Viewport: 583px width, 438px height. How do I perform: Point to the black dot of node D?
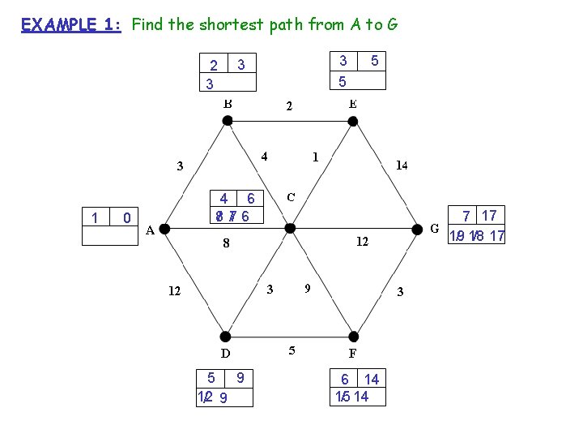pyautogui.click(x=226, y=337)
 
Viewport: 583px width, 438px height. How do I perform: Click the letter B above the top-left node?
pyautogui.click(x=228, y=104)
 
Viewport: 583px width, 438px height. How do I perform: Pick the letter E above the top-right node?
pyautogui.click(x=353, y=104)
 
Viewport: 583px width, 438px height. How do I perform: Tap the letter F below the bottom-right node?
pyautogui.click(x=353, y=353)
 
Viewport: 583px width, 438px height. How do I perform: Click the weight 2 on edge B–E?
pyautogui.click(x=288, y=106)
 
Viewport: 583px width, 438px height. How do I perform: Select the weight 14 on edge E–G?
pyautogui.click(x=400, y=165)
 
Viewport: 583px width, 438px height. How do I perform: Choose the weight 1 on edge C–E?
pyautogui.click(x=315, y=157)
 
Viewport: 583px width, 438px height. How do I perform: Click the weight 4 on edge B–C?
pyautogui.click(x=265, y=157)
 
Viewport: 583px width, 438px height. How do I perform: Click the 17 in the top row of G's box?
pyautogui.click(x=488, y=216)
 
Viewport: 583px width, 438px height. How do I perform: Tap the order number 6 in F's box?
pyautogui.click(x=345, y=380)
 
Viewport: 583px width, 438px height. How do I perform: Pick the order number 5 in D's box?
pyautogui.click(x=211, y=377)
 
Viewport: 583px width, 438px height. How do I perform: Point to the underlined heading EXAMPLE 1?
pyautogui.click(x=71, y=24)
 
